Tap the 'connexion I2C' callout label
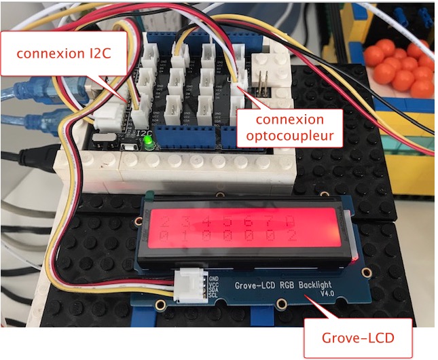pyautogui.click(x=65, y=53)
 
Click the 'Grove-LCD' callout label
pyautogui.click(x=358, y=337)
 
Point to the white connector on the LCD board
pyautogui.click(x=189, y=283)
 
